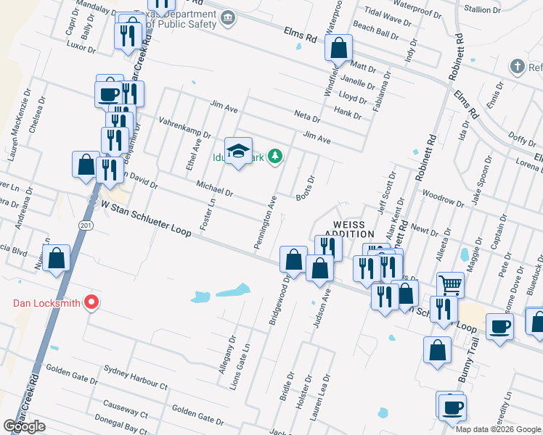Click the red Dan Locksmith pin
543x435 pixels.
click(x=91, y=302)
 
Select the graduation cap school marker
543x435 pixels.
click(x=237, y=151)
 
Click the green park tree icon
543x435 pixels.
click(x=274, y=156)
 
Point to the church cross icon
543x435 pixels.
click(x=517, y=67)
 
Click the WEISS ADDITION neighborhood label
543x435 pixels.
click(x=353, y=229)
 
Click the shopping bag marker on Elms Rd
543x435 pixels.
click(x=339, y=49)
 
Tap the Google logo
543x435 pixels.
click(x=25, y=426)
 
